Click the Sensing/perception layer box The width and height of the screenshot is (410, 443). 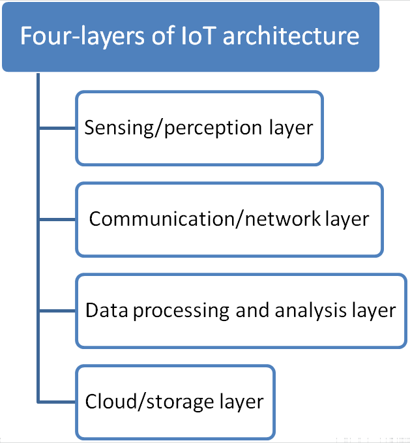pyautogui.click(x=199, y=128)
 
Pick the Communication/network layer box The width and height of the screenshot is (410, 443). pyautogui.click(x=229, y=219)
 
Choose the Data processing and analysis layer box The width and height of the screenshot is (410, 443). pyautogui.click(x=241, y=311)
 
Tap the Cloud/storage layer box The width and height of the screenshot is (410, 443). pyautogui.click(x=175, y=401)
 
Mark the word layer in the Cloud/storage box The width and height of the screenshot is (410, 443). pyautogui.click(x=241, y=402)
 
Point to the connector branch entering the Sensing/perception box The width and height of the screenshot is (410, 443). pyautogui.click(x=57, y=127)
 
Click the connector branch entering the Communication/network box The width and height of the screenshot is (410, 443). pyautogui.click(x=57, y=219)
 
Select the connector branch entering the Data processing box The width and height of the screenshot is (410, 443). pyautogui.click(x=57, y=311)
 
